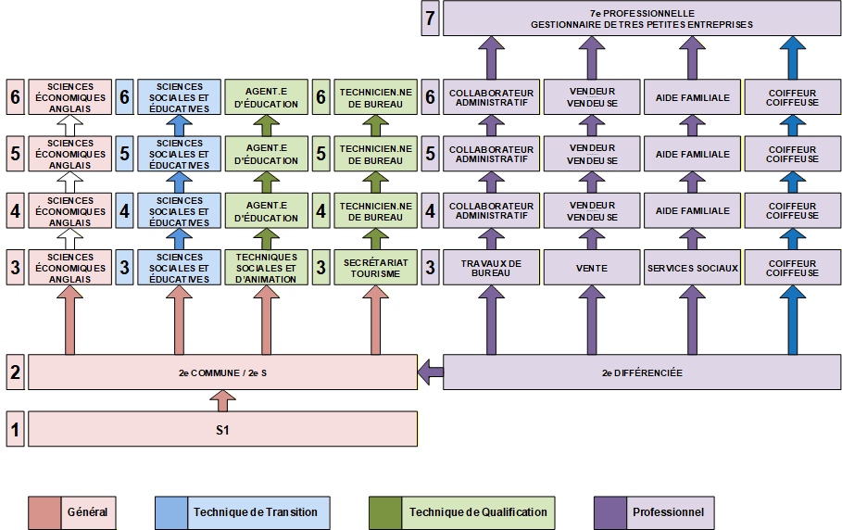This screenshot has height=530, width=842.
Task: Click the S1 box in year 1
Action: point(222,429)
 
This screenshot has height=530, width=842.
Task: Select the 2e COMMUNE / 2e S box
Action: point(222,372)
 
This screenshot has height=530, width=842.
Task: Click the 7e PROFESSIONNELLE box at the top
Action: point(642,19)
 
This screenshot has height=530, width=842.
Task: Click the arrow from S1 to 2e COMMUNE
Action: point(222,400)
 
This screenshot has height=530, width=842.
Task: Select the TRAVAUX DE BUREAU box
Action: point(491,267)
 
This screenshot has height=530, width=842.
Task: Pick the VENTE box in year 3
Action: point(592,267)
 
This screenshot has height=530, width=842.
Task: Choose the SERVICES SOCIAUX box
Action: point(692,267)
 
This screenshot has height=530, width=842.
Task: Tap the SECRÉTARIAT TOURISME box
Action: point(375,267)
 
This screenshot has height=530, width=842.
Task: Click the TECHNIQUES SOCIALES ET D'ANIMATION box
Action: point(266,267)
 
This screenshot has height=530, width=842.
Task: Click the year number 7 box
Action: point(430,19)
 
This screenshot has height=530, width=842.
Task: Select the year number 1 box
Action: point(15,429)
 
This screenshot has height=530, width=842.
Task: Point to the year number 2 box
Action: point(15,372)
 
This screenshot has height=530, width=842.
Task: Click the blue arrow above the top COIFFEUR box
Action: point(792,58)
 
